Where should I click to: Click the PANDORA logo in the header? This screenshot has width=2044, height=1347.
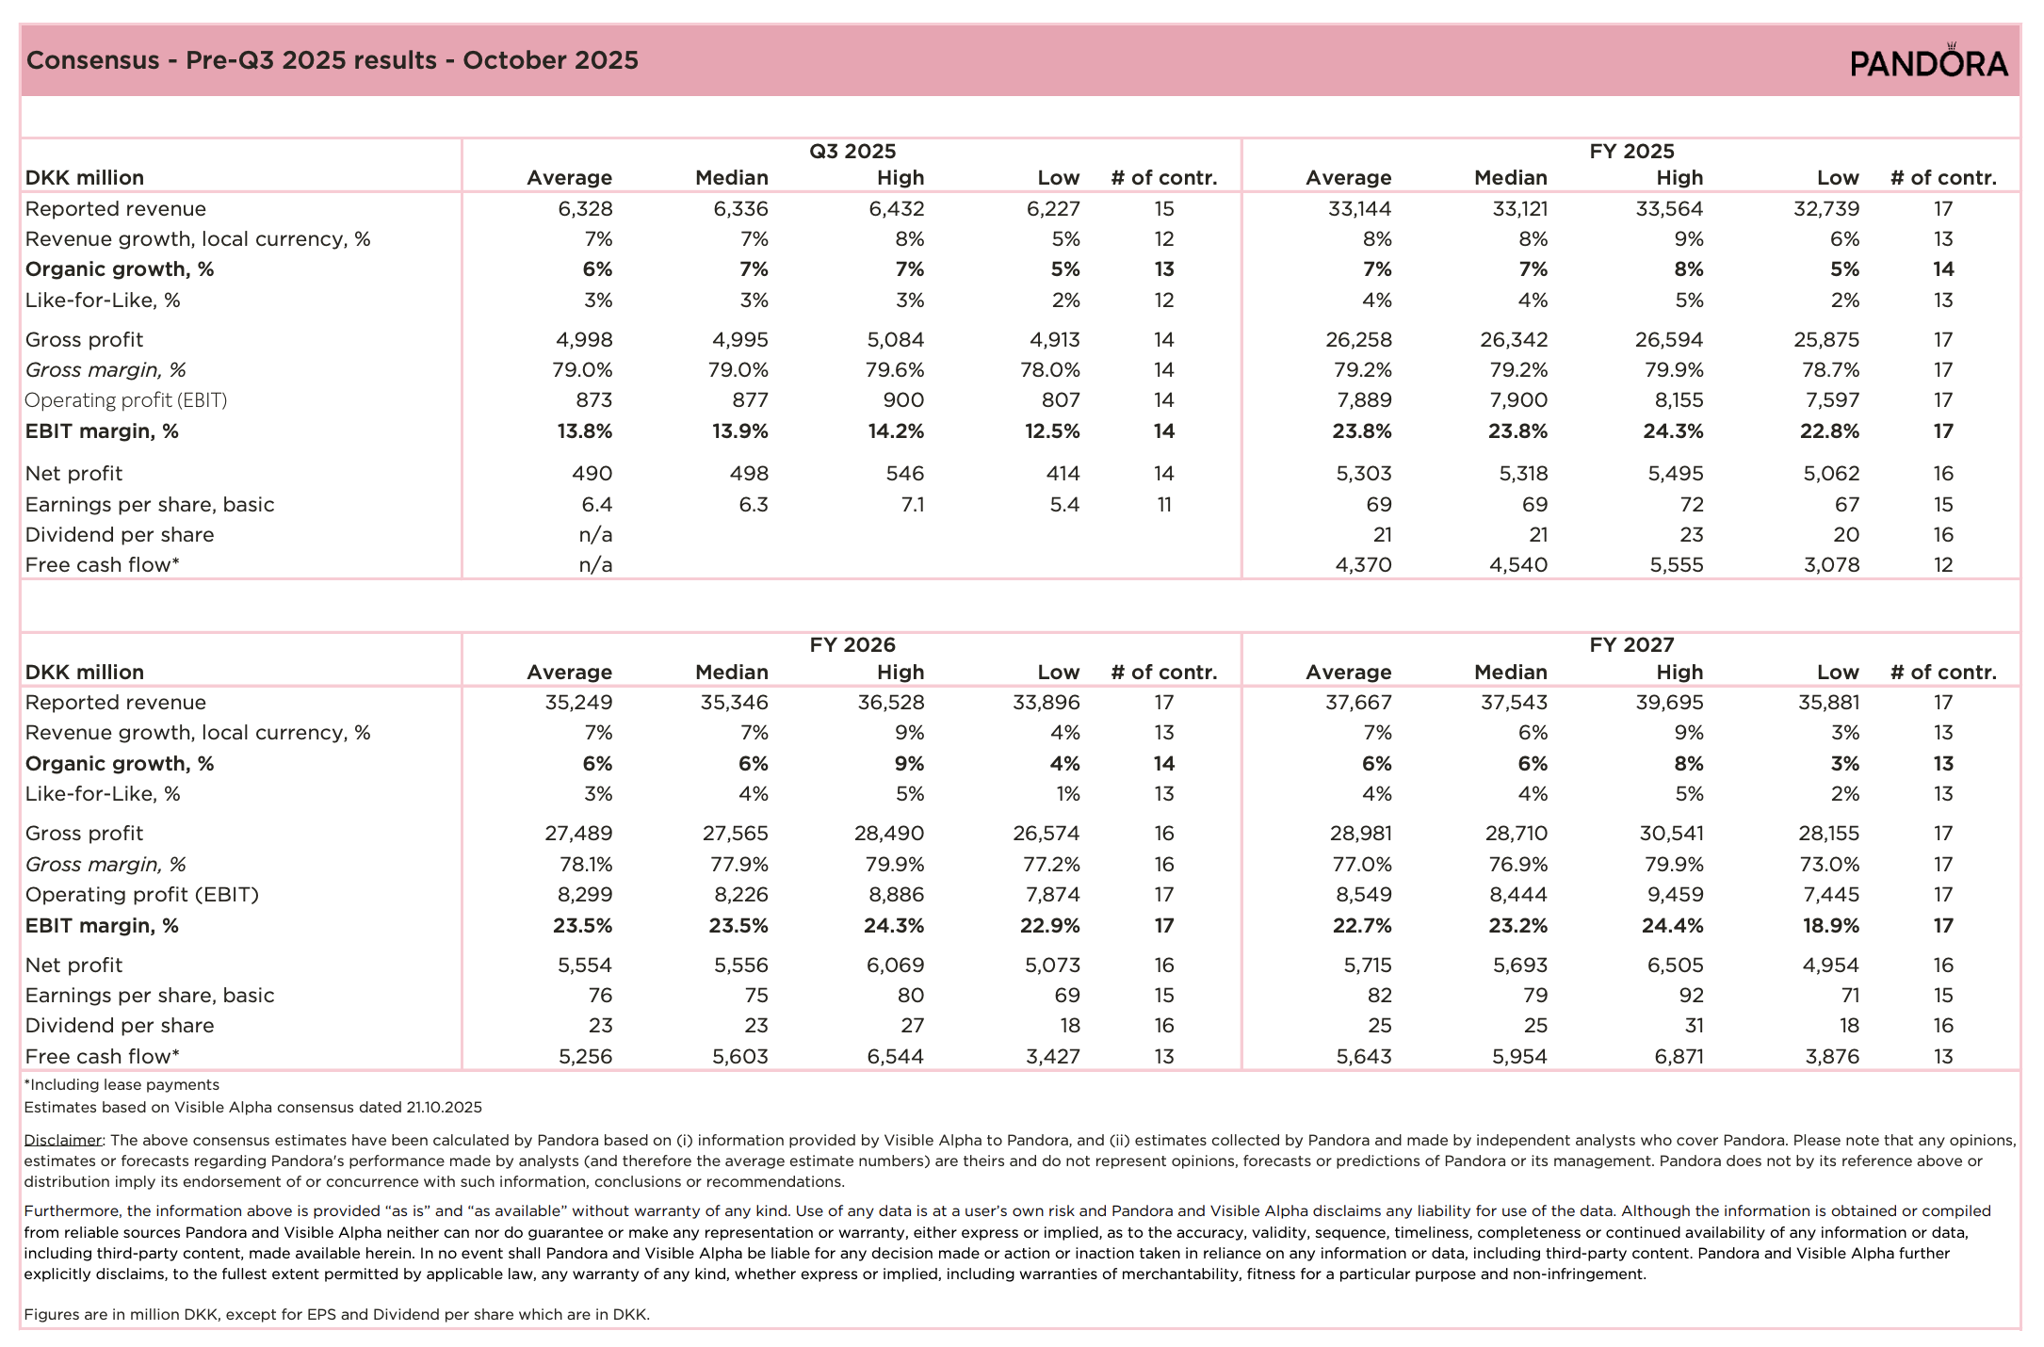point(1929,61)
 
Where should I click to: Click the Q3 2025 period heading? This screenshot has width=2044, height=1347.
point(852,151)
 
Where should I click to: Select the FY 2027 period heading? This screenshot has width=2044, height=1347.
point(1631,645)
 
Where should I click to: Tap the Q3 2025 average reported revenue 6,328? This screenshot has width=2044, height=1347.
point(585,209)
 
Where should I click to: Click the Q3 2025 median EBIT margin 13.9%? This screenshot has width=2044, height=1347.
point(738,431)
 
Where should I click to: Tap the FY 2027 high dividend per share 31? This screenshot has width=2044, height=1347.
point(1693,1026)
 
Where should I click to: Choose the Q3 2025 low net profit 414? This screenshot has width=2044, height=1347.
point(1063,474)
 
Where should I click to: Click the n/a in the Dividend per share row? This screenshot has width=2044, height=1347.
point(595,535)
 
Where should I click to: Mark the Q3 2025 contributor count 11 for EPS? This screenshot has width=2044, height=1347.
point(1164,505)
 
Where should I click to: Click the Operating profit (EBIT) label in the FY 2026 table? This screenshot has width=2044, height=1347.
point(142,895)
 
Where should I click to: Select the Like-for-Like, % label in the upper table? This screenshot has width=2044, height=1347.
point(103,300)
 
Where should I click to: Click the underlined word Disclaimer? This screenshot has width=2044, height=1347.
point(63,1140)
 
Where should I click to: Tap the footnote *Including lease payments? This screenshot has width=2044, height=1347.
point(122,1085)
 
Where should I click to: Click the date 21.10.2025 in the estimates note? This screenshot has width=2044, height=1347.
point(444,1108)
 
